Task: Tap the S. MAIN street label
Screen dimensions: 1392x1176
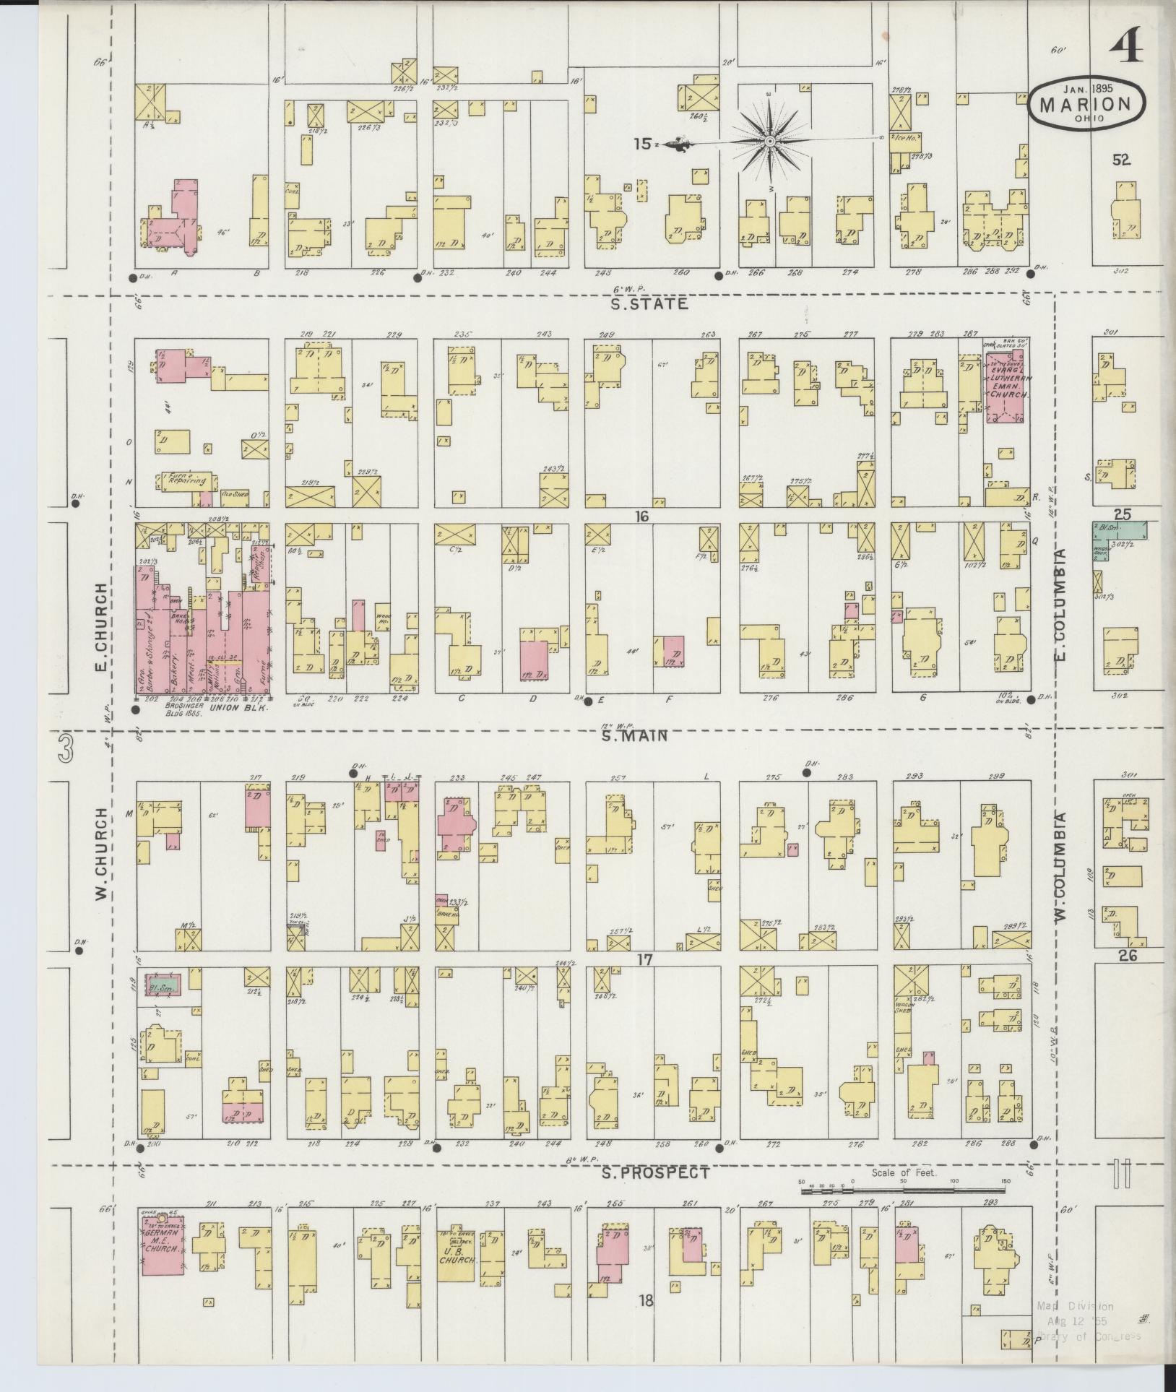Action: pos(634,737)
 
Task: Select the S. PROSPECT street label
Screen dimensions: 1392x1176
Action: pos(655,1174)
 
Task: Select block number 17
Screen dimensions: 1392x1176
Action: pos(644,960)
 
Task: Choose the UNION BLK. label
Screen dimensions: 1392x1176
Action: pos(230,709)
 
